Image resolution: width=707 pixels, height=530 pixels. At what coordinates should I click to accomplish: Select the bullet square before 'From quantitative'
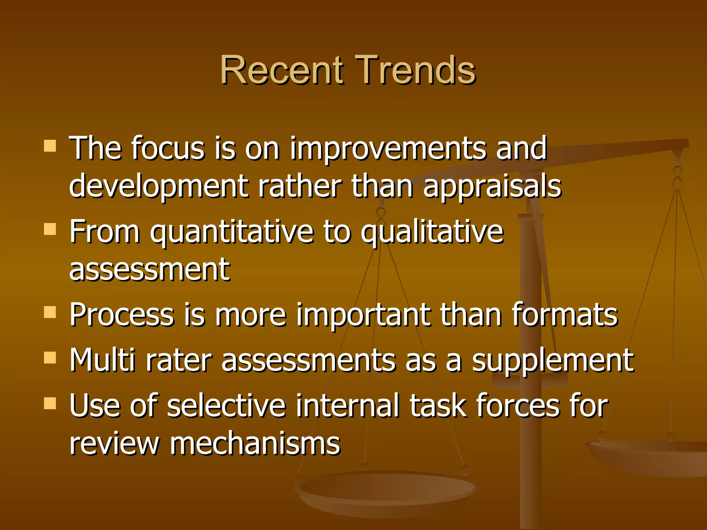pos(50,229)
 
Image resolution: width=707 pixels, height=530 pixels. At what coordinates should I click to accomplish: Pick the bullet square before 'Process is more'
pos(50,312)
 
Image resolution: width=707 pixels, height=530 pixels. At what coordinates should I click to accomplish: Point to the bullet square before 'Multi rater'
pos(50,358)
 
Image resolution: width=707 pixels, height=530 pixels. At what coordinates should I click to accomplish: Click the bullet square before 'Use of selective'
pos(50,403)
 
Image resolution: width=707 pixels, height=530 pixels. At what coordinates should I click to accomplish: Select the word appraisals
pos(492,187)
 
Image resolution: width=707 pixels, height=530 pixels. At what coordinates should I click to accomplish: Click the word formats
pos(564,314)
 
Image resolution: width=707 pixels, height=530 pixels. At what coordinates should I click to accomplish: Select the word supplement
pos(553,361)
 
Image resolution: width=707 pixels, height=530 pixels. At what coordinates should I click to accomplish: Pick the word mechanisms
pos(255,443)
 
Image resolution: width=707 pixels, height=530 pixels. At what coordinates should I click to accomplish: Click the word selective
pos(226,405)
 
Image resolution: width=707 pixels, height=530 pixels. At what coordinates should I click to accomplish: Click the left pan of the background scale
pos(387,490)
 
